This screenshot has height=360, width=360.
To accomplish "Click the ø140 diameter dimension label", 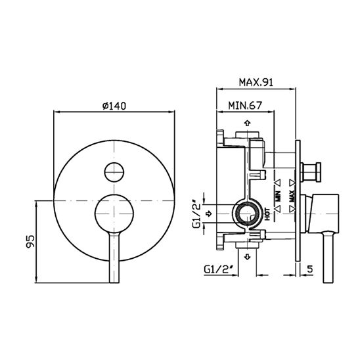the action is [114, 106].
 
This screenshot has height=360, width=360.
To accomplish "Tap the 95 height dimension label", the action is [30, 241].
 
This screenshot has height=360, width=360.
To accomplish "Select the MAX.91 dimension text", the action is [256, 82].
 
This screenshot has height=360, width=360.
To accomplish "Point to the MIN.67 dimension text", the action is [245, 105].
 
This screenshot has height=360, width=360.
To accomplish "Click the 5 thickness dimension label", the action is [310, 269].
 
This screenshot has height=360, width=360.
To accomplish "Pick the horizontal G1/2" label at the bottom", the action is [219, 269].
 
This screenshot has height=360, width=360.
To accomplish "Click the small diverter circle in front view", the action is [114, 172].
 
